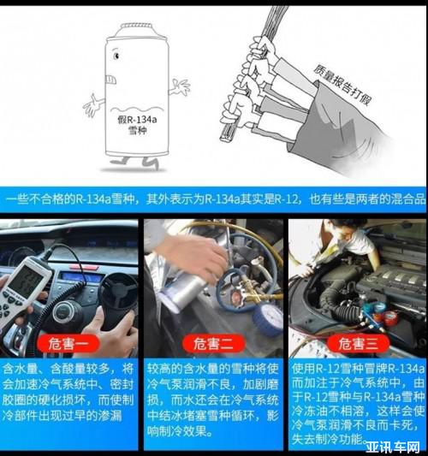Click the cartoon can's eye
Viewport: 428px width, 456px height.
pyautogui.click(x=116, y=55)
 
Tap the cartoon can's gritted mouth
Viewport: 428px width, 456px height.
pyautogui.click(x=111, y=80)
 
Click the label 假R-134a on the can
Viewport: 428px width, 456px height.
pyautogui.click(x=137, y=120)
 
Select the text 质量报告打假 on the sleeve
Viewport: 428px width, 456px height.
pyautogui.click(x=342, y=85)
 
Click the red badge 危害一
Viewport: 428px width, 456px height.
pyautogui.click(x=68, y=344)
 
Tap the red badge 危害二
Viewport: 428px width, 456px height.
pyautogui.click(x=213, y=344)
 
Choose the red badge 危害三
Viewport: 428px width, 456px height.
pyautogui.click(x=358, y=344)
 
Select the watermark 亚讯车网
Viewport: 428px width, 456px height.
pyautogui.click(x=393, y=447)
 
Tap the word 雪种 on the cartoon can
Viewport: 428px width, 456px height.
pyautogui.click(x=137, y=130)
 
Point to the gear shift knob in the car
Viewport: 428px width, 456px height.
pyautogui.click(x=64, y=311)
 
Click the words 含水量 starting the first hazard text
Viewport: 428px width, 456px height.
pyautogui.click(x=21, y=369)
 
